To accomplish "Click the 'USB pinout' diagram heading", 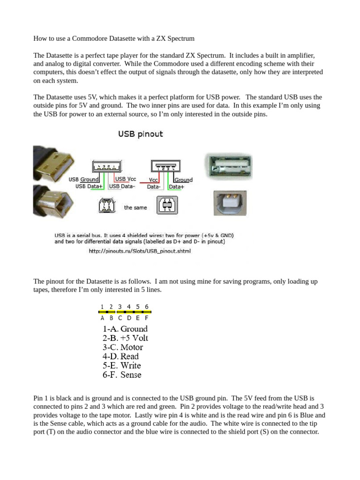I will [140, 134].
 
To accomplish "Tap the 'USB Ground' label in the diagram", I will [83, 180].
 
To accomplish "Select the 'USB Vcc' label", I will [126, 179].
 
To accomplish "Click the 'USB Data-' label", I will [121, 186].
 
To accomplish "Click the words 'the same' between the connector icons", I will [135, 207].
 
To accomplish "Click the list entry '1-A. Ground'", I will [125, 329].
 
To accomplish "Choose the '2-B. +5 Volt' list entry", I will [125, 338].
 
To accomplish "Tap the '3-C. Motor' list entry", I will [122, 347].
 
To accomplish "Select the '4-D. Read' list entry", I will [120, 356].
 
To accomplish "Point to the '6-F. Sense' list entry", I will [121, 375].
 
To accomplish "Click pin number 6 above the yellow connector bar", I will [147, 307].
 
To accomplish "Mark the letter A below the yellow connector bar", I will [102, 318].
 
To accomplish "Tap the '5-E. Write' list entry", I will [121, 366].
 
